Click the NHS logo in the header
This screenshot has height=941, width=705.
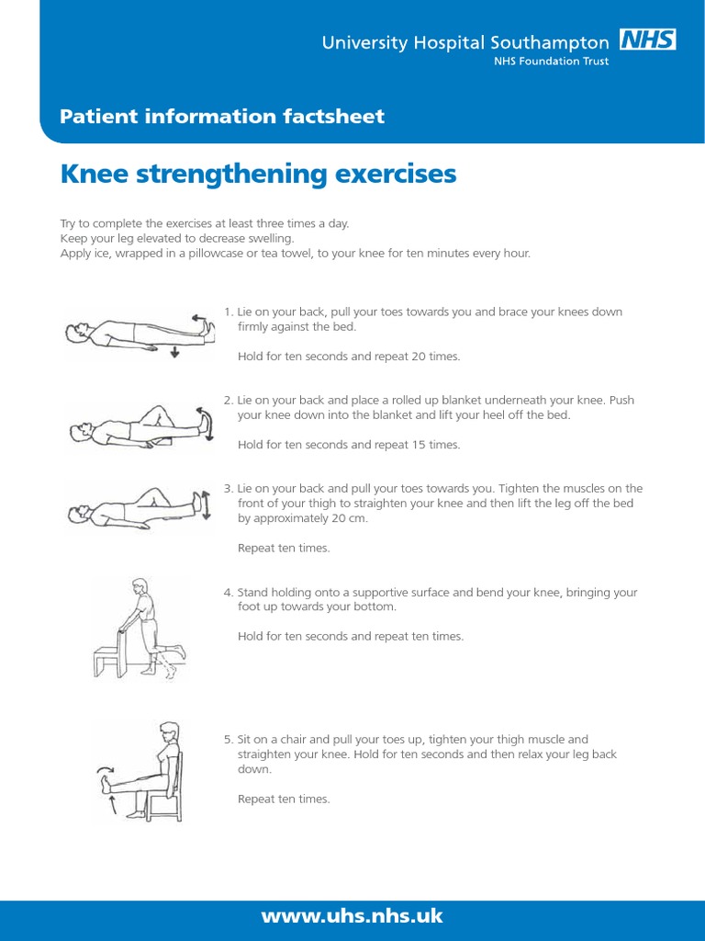coord(649,40)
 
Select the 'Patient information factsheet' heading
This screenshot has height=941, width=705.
coord(221,117)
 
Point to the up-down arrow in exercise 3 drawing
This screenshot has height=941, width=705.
coord(206,505)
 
